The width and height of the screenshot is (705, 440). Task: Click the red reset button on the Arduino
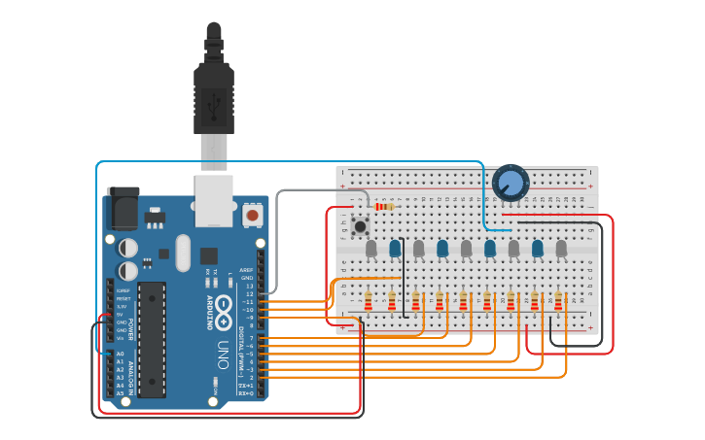(x=253, y=215)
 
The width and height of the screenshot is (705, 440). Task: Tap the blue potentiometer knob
(x=510, y=183)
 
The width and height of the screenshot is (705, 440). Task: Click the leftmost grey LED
(x=370, y=250)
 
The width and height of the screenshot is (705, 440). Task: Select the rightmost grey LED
(x=561, y=250)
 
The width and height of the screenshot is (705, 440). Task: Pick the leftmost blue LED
(x=395, y=250)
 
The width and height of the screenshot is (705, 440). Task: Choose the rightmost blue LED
(x=538, y=250)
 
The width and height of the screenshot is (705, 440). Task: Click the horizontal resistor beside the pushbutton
(x=384, y=207)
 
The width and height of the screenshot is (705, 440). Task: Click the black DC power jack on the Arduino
(x=123, y=208)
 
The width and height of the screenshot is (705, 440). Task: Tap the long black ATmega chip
(x=152, y=339)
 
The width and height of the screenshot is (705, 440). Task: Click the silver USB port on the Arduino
(x=214, y=200)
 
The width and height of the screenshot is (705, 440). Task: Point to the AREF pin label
(x=246, y=270)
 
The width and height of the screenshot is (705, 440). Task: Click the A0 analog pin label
(x=121, y=355)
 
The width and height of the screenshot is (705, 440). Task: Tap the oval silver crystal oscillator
(x=184, y=253)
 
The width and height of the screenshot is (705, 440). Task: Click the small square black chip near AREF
(x=208, y=256)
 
